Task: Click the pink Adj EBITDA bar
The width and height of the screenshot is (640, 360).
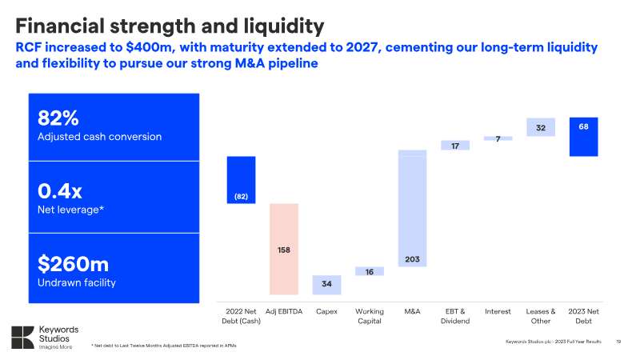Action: pos(284,232)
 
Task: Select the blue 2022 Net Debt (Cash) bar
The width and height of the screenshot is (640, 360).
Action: pos(241,180)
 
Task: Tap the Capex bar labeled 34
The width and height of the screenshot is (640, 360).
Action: pos(326,285)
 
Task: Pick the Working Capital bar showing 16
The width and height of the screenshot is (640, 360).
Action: pos(370,271)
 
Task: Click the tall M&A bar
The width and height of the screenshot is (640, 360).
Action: pos(412,208)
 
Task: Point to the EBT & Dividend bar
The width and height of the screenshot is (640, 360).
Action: pos(454,146)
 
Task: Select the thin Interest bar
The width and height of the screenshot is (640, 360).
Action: pos(498,138)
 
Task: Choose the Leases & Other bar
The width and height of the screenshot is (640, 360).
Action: pos(541,127)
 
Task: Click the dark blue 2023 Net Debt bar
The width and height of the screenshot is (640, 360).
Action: pos(583,137)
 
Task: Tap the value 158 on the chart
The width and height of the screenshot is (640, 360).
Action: pos(284,250)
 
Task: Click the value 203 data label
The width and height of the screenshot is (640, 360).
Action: pos(412,259)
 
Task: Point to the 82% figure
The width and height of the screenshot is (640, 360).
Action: pos(58,118)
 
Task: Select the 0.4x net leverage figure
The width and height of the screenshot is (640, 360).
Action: pos(60,191)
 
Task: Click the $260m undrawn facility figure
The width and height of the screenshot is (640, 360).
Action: pos(74,264)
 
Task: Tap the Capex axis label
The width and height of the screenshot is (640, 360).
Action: pos(326,311)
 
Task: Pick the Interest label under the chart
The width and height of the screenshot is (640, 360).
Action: pos(498,311)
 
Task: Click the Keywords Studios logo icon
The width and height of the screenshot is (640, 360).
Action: pos(23,336)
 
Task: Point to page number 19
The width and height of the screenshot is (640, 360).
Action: pos(618,342)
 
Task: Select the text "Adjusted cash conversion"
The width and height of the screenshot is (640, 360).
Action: pos(100,137)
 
